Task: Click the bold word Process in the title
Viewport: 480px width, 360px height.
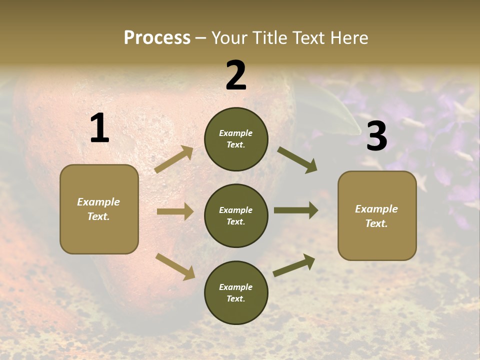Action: pos(157,37)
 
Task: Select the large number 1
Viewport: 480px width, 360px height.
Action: pos(99,128)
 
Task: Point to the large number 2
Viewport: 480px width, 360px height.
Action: pos(236,75)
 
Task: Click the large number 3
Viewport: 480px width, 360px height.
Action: pos(376,136)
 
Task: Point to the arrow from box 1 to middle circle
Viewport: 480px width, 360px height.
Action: pos(175,211)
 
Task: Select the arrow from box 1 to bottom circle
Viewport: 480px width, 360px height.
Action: pos(175,265)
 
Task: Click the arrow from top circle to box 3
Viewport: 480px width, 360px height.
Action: pos(297,160)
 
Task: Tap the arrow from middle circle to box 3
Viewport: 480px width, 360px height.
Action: pos(295,210)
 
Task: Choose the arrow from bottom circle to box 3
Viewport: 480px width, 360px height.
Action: pos(294,265)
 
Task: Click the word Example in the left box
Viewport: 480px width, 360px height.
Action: pos(98,202)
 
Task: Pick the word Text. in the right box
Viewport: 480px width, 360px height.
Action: pos(376,223)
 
